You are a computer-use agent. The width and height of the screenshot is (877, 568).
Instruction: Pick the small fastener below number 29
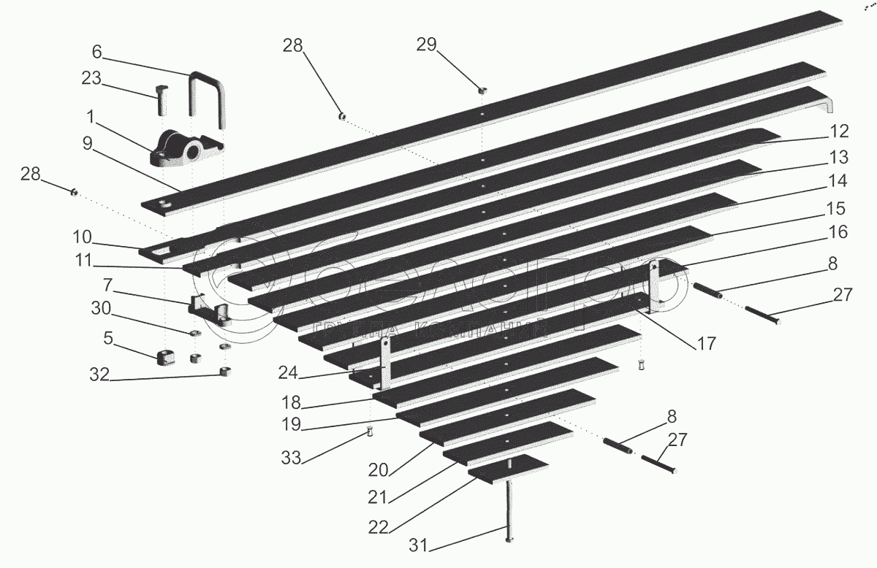[x=482, y=91]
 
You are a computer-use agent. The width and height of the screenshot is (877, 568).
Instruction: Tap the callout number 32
[x=99, y=375]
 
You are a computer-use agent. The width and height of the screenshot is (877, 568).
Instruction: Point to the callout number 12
[x=839, y=131]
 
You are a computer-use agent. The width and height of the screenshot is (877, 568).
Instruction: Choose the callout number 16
[x=838, y=233]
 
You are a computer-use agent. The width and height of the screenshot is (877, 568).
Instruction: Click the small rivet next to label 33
[x=371, y=431]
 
